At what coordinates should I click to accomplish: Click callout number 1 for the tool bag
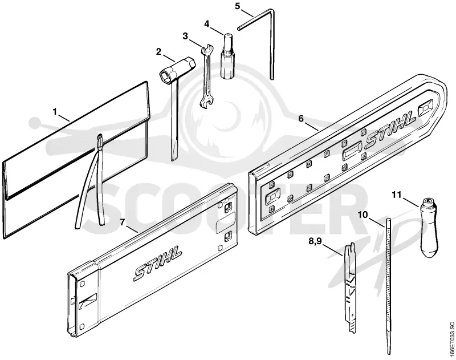tap(55, 111)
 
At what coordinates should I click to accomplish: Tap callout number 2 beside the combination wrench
tap(158, 52)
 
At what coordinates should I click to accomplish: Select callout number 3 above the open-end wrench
tap(185, 36)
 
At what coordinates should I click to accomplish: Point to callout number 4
tap(207, 24)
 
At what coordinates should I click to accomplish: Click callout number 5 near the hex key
tap(238, 6)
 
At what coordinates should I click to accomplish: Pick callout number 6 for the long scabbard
tap(301, 119)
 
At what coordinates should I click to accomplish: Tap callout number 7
tap(122, 223)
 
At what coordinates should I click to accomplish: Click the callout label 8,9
tap(316, 241)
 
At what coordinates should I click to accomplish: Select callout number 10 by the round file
tap(363, 215)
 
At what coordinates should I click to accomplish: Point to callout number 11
tap(396, 195)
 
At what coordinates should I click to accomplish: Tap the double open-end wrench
tap(206, 76)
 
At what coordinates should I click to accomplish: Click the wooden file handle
tap(428, 227)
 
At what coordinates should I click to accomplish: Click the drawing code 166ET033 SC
tap(451, 338)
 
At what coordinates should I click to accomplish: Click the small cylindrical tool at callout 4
tap(227, 56)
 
